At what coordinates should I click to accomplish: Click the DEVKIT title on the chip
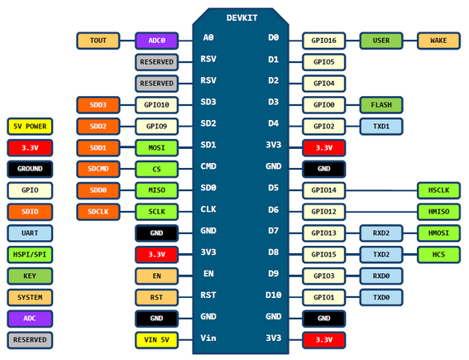(242, 18)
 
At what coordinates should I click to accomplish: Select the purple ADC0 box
(156, 41)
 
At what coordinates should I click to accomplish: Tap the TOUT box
(98, 41)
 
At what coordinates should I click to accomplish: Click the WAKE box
(438, 41)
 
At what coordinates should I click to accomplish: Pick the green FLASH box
(381, 105)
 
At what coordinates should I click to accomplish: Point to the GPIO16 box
(324, 41)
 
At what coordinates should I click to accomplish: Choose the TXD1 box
(381, 127)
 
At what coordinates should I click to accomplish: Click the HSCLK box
(438, 190)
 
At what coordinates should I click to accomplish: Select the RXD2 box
(381, 233)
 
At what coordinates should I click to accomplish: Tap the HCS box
(438, 255)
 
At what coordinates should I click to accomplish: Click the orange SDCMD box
(98, 169)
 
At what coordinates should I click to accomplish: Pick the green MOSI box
(156, 148)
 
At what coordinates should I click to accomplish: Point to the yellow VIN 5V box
(156, 340)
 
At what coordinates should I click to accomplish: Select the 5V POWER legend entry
(30, 127)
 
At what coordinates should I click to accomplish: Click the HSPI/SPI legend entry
(30, 255)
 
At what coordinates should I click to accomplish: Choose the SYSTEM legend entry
(30, 297)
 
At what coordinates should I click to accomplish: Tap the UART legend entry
(30, 233)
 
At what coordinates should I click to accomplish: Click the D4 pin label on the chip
(274, 123)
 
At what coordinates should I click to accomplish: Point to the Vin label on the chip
(208, 338)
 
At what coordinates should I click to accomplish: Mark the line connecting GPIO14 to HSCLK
(381, 190)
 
